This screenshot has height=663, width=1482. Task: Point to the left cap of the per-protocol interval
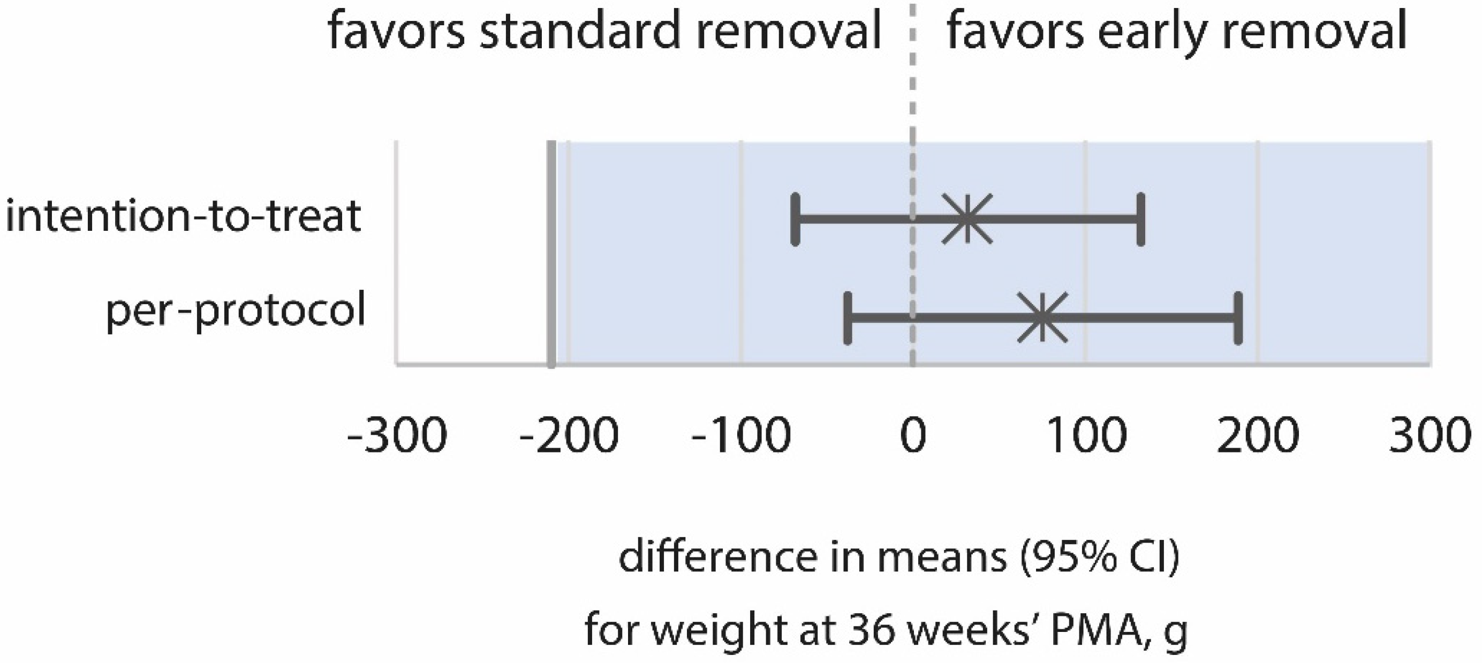click(848, 318)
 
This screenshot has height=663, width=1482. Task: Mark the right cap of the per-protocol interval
click(1238, 318)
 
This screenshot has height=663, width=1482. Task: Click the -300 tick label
click(397, 436)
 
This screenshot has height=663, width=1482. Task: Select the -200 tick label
click(569, 436)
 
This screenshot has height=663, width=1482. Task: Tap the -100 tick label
click(741, 436)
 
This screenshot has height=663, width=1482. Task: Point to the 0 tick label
click(913, 436)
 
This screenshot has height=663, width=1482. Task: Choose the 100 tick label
click(1086, 436)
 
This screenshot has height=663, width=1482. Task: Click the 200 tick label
click(1258, 436)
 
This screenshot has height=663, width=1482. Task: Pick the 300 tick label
click(1430, 436)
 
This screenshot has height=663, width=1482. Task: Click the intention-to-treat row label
click(183, 216)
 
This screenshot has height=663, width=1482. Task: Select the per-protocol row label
click(236, 311)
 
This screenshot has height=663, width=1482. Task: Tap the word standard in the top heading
click(581, 31)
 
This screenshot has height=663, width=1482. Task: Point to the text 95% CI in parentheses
click(1099, 557)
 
